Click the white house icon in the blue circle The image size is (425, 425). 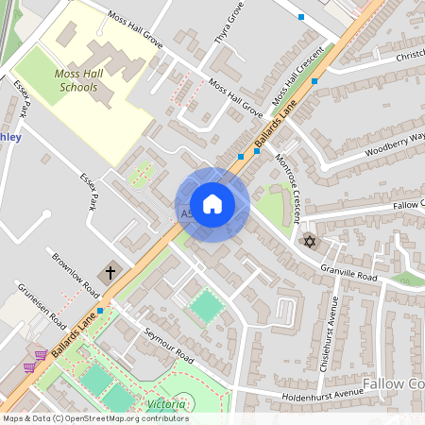212,204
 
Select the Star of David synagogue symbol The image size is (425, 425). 307,242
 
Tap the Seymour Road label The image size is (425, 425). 168,347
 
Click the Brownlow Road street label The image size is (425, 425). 76,273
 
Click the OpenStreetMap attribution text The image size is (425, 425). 95,417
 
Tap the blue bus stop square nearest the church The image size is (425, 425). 99,309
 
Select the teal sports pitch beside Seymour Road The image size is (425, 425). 206,305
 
